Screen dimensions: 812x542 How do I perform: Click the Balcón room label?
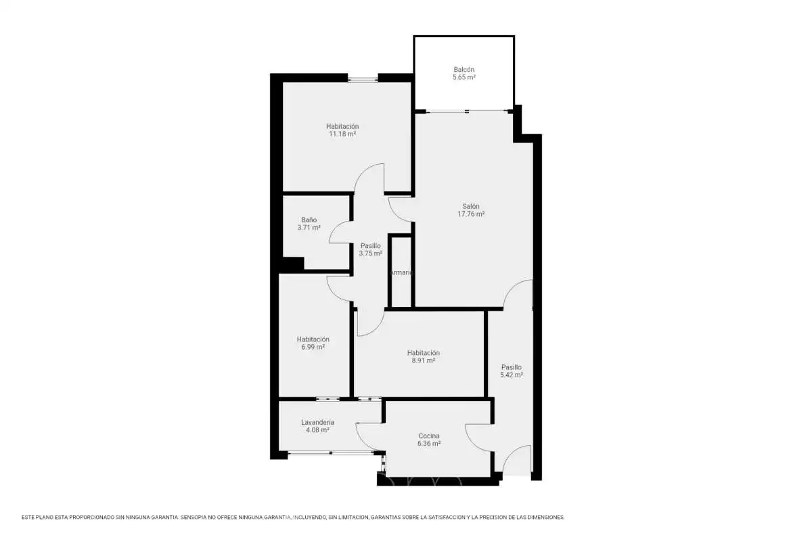(464, 69)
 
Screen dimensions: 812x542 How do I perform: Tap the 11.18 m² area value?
(342, 134)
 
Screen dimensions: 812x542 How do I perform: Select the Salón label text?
(471, 206)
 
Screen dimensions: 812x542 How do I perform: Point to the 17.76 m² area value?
(471, 214)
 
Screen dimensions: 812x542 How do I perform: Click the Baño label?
(309, 220)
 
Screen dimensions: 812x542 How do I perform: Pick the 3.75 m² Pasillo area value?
(371, 253)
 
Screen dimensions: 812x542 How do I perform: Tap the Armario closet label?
(401, 272)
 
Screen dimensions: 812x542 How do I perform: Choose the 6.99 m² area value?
(313, 347)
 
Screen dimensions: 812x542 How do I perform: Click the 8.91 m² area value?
(424, 360)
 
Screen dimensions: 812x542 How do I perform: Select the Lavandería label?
(317, 422)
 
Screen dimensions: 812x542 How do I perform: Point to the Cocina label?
(429, 436)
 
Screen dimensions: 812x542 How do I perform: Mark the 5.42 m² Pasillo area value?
(512, 375)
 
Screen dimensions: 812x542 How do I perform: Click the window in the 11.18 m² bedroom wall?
(363, 79)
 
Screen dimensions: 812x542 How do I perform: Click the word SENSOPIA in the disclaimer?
(194, 518)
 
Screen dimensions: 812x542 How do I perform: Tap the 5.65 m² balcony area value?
(464, 77)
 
